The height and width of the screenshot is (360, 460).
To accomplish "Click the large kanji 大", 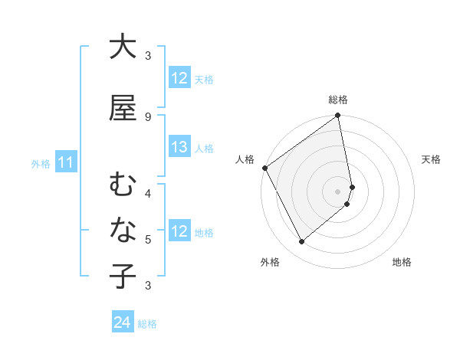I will pyautogui.click(x=123, y=47).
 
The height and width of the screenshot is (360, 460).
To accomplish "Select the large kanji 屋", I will pyautogui.click(x=123, y=107).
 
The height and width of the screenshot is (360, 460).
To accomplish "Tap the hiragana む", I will pyautogui.click(x=123, y=186).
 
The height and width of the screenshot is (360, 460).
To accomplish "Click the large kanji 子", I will pyautogui.click(x=123, y=276).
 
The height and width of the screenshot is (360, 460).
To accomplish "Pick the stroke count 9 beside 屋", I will pyautogui.click(x=148, y=116).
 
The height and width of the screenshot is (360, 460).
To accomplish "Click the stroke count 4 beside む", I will pyautogui.click(x=148, y=193).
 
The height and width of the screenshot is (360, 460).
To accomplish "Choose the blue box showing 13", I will pyautogui.click(x=179, y=148).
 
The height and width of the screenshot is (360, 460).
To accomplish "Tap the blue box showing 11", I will pyautogui.click(x=66, y=162).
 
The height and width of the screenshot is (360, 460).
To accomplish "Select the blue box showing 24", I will pyautogui.click(x=123, y=322).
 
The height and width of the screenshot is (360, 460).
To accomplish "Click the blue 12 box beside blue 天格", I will pyautogui.click(x=179, y=78).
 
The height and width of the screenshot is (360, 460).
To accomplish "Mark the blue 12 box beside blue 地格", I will pyautogui.click(x=179, y=231).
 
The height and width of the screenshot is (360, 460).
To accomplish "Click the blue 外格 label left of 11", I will pyautogui.click(x=41, y=163).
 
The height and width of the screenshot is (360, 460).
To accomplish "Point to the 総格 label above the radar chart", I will pyautogui.click(x=338, y=100).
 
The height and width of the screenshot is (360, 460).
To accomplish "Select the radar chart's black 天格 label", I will pyautogui.click(x=431, y=159).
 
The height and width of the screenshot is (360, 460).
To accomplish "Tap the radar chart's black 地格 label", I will pyautogui.click(x=402, y=263).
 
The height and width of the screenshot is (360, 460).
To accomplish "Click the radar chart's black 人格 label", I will pyautogui.click(x=245, y=159).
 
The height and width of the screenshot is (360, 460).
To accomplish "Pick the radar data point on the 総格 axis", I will pyautogui.click(x=338, y=116).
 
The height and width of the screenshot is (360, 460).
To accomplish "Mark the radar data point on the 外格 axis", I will pyautogui.click(x=302, y=241).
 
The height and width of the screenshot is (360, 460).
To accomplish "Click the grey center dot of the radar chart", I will pyautogui.click(x=338, y=191).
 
